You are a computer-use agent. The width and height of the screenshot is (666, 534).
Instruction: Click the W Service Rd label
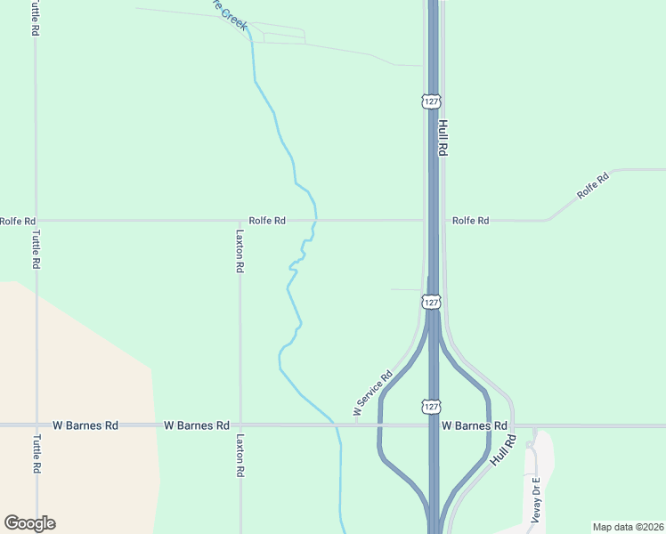coord(373,394)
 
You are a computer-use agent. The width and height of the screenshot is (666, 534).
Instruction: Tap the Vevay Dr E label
coord(536,499)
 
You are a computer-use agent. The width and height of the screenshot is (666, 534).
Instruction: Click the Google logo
coord(29,523)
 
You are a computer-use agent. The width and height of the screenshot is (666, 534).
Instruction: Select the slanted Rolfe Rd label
coord(592,184)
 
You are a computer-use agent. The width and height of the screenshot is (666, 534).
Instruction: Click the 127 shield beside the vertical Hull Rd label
coord(432,101)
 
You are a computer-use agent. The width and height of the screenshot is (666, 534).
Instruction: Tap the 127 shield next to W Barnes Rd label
coord(432,406)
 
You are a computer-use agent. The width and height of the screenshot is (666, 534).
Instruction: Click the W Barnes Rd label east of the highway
coord(475,425)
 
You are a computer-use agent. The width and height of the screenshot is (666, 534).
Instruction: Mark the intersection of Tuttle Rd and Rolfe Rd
coord(36,221)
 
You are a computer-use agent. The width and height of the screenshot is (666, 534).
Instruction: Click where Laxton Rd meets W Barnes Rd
coord(240,425)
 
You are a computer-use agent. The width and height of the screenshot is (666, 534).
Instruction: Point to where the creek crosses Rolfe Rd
coord(315,221)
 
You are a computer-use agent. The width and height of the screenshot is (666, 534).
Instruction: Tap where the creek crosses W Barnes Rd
coord(337,425)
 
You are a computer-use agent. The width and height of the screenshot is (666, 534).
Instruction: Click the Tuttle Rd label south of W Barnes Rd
coord(37,454)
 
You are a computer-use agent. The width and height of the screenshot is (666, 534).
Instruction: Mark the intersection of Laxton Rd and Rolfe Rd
coord(240,221)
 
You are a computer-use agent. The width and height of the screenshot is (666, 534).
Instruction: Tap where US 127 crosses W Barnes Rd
coord(433,425)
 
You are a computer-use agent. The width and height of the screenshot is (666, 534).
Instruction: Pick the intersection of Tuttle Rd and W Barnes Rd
coord(36,425)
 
